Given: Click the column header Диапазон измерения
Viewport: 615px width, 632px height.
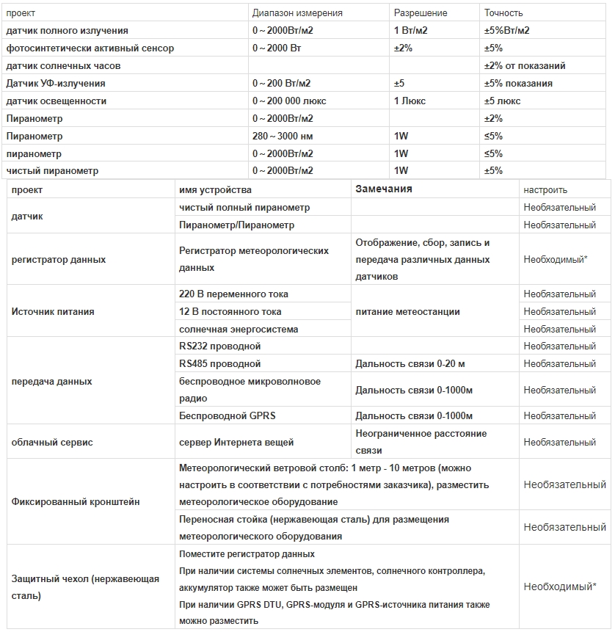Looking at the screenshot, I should coord(297,13).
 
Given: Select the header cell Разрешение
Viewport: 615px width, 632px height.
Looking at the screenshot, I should coord(421,13).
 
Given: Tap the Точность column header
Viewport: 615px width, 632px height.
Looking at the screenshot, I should coord(503,13).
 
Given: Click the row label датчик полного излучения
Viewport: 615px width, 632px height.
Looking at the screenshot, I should coord(67,31).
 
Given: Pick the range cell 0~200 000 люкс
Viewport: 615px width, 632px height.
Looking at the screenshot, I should coord(290,101).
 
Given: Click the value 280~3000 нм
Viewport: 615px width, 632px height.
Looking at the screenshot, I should coord(283,137).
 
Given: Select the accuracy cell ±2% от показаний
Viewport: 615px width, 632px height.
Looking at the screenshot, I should coord(525,66).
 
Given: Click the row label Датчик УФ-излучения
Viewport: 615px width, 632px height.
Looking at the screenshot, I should coord(56,84).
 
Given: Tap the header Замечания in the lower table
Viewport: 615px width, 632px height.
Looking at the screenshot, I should coord(384,189).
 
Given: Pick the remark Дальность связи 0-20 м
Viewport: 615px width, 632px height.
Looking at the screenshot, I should coord(410,364).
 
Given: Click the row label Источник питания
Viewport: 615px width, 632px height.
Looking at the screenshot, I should coord(53,312).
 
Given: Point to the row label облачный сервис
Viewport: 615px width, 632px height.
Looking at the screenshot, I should coord(53,443).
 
